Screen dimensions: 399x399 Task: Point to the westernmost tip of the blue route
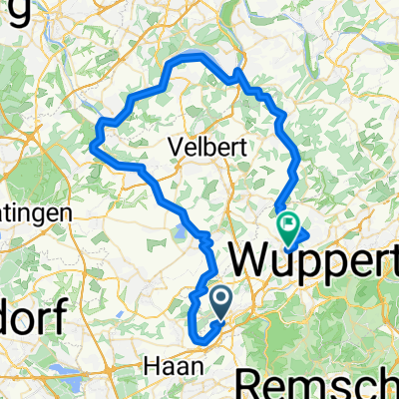pyautogui.click(x=92, y=147)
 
